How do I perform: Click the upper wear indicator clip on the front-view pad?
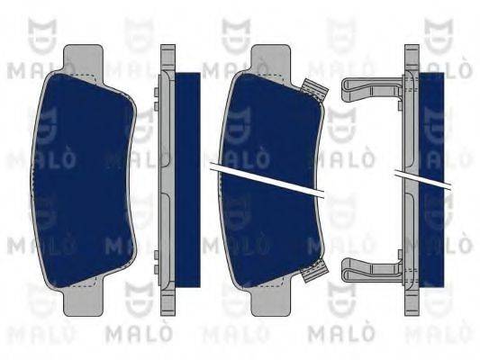pyautogui.click(x=312, y=89)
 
